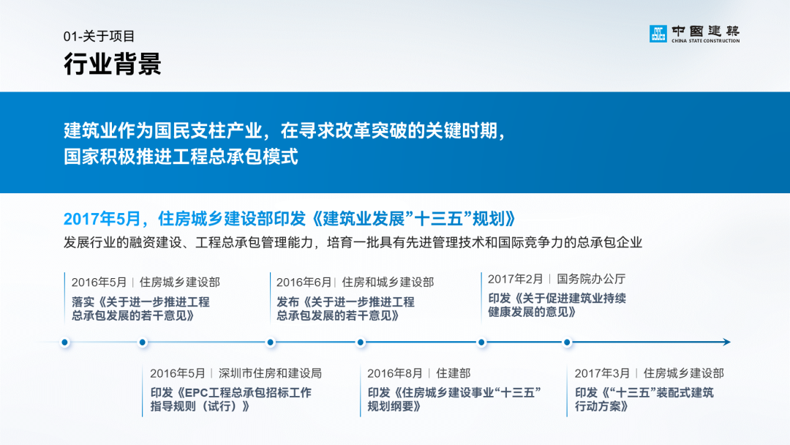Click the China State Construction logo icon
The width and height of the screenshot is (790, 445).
pyautogui.click(x=658, y=34)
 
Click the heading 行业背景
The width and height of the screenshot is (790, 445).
pyautogui.click(x=113, y=64)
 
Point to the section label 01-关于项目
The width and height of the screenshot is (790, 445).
pyautogui.click(x=99, y=37)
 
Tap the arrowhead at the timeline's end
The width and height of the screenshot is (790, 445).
pyautogui.click(x=727, y=343)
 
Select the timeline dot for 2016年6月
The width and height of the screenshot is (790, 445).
pyautogui.click(x=271, y=343)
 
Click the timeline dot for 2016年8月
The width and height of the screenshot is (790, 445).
pyautogui.click(x=360, y=343)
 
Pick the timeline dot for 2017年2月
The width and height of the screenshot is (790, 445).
pyautogui.click(x=481, y=343)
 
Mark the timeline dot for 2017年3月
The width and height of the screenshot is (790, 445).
pyautogui.click(x=567, y=343)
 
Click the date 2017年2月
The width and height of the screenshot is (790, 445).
pyautogui.click(x=516, y=279)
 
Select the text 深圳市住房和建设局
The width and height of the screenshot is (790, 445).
pyautogui.click(x=270, y=373)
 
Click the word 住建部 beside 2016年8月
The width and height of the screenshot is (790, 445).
pyautogui.click(x=454, y=373)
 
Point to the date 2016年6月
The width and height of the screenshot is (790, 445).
pyautogui.click(x=304, y=283)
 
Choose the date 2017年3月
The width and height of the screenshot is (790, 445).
pyautogui.click(x=602, y=373)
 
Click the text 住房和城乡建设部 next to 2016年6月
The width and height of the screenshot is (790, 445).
pyautogui.click(x=388, y=283)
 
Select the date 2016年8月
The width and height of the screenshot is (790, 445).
pyautogui.click(x=394, y=373)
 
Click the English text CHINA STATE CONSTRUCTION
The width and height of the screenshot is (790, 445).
pyautogui.click(x=705, y=41)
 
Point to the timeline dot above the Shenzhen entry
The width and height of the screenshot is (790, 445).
pyautogui.click(x=143, y=343)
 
